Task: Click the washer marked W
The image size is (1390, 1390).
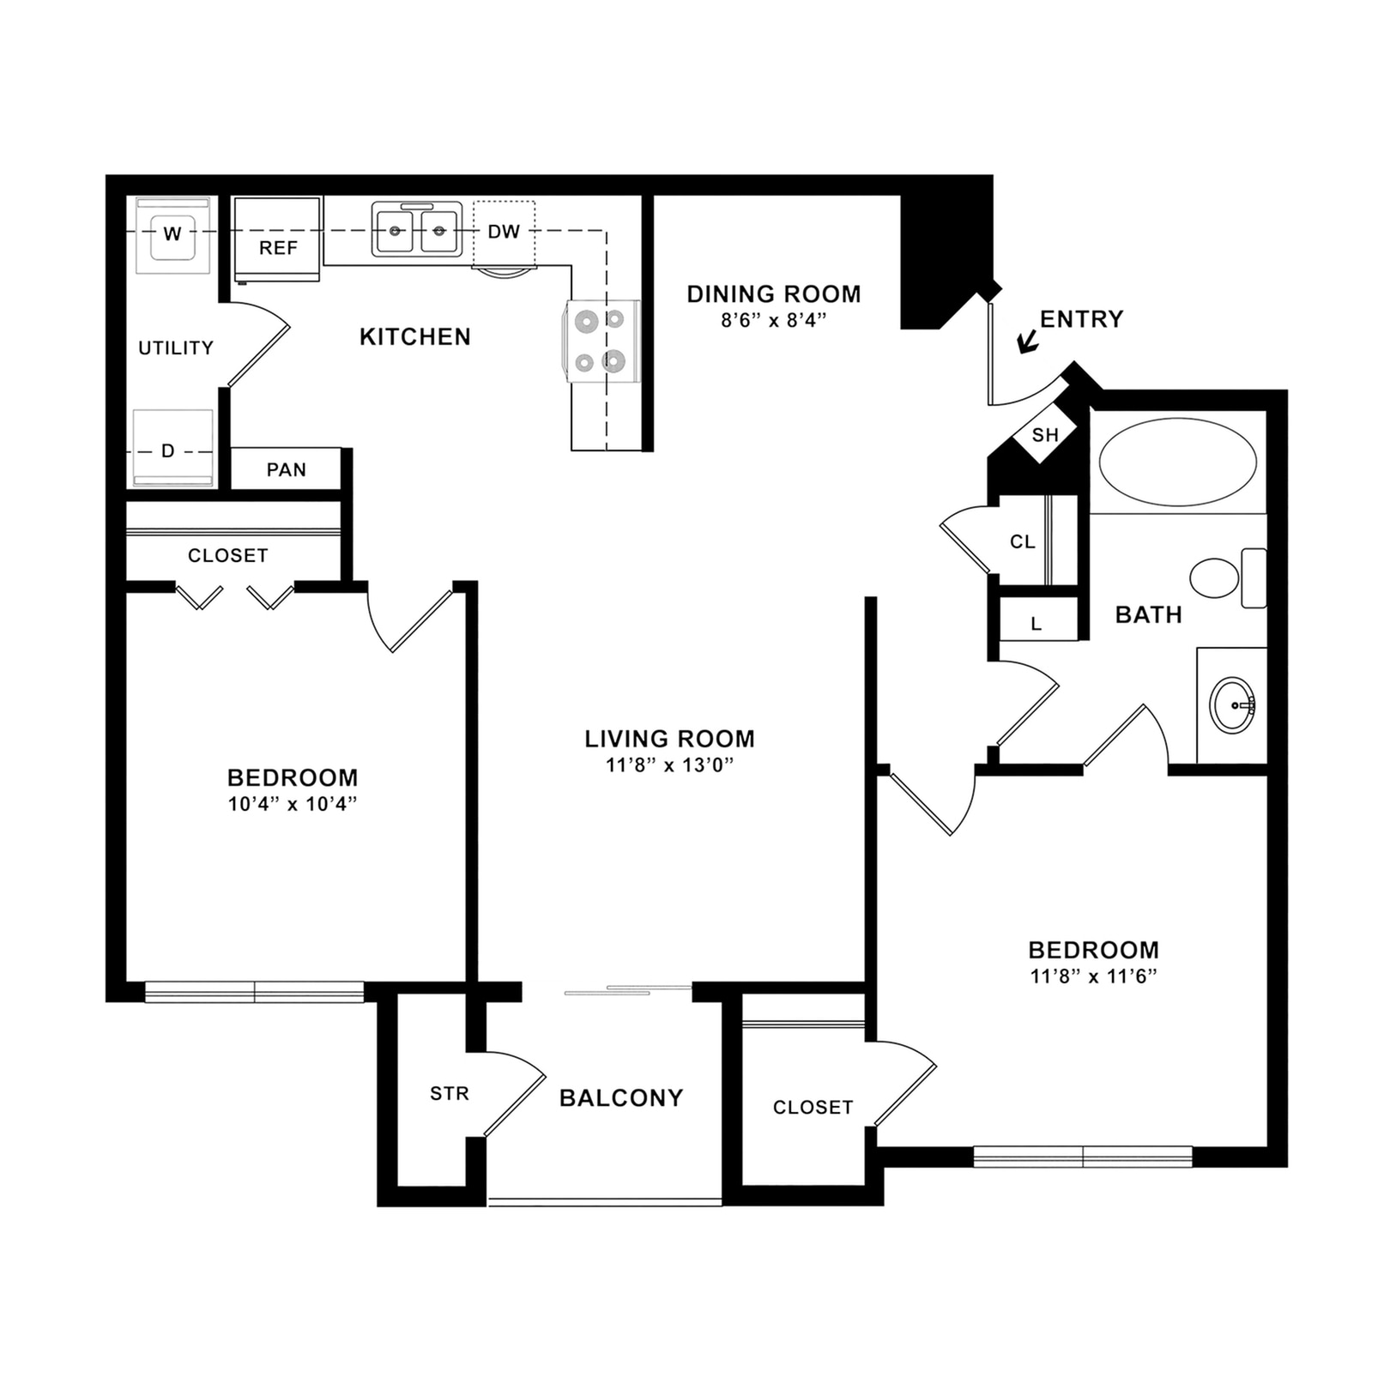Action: tap(172, 233)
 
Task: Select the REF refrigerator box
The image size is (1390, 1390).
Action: tap(277, 241)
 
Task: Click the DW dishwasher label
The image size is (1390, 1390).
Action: tap(504, 232)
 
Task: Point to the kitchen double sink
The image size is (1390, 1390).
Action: tap(417, 230)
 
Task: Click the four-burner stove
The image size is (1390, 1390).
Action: tap(601, 341)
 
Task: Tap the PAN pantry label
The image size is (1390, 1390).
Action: tap(286, 469)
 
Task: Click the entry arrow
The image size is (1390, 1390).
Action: tap(1027, 342)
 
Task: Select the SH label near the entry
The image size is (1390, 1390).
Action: tap(1044, 435)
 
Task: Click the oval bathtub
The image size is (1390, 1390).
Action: tap(1177, 462)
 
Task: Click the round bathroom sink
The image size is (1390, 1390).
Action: tap(1232, 704)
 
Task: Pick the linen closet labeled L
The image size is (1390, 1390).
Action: tap(1036, 623)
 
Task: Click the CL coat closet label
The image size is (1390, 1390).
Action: tap(1022, 541)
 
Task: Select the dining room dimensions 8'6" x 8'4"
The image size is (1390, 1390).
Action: tap(773, 321)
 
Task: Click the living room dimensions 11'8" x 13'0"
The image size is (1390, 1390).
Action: tap(669, 764)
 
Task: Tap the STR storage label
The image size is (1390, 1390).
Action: tap(449, 1094)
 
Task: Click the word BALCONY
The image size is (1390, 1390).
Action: tap(621, 1097)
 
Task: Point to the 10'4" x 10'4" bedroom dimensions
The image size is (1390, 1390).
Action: tap(292, 804)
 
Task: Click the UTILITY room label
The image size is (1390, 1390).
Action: tap(176, 347)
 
